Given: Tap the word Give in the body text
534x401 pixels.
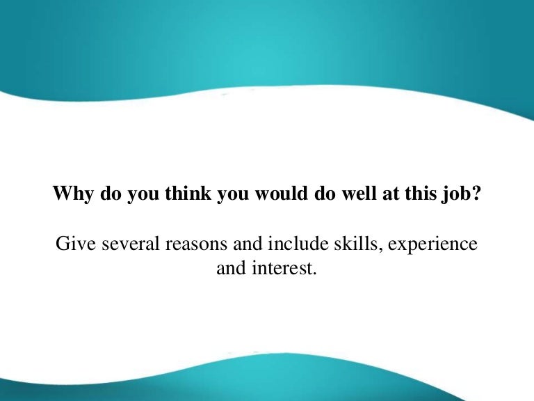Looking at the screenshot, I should click(72, 245).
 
